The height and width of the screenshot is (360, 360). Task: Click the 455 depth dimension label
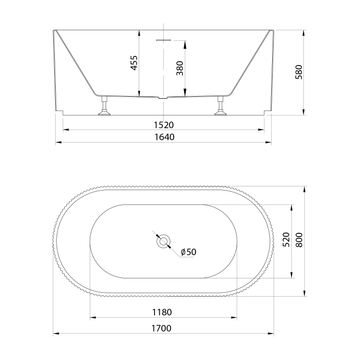[x=134, y=63]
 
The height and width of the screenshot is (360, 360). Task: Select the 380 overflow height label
[x=180, y=68]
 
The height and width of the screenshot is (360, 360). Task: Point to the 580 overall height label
[x=299, y=72]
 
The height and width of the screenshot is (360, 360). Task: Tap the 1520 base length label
[x=164, y=125]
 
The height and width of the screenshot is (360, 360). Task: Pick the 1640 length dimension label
[x=164, y=137]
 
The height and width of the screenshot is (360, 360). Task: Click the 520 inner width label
[x=286, y=240]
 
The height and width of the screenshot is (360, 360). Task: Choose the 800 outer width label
[x=299, y=240]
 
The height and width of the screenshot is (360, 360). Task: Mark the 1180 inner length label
[x=162, y=312]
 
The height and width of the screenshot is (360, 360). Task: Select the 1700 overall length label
[x=161, y=328]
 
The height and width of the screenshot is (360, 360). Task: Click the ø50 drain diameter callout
[x=189, y=252]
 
